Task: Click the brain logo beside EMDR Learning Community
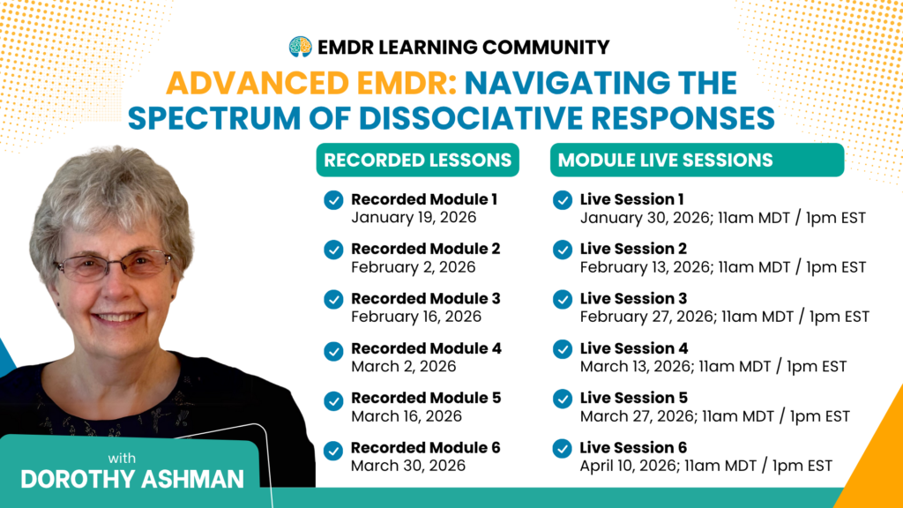[x=300, y=47]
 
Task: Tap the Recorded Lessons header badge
[x=417, y=161]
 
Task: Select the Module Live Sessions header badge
[x=697, y=161]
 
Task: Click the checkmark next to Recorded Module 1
[x=333, y=200]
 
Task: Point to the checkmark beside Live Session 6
[x=562, y=449]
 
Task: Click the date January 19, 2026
[x=414, y=218]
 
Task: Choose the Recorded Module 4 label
[x=426, y=348]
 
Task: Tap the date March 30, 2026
[x=407, y=466]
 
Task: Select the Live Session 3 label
[x=633, y=298]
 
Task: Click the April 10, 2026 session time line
[x=706, y=466]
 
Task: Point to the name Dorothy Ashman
[x=132, y=479]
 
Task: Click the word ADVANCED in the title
[x=257, y=83]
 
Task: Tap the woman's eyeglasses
[x=114, y=265]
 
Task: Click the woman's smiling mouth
[x=118, y=317]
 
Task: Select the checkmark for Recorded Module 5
[x=333, y=401]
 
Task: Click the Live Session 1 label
[x=631, y=199]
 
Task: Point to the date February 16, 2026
[x=416, y=317]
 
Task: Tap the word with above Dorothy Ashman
[x=122, y=459]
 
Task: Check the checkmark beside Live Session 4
[x=562, y=349]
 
